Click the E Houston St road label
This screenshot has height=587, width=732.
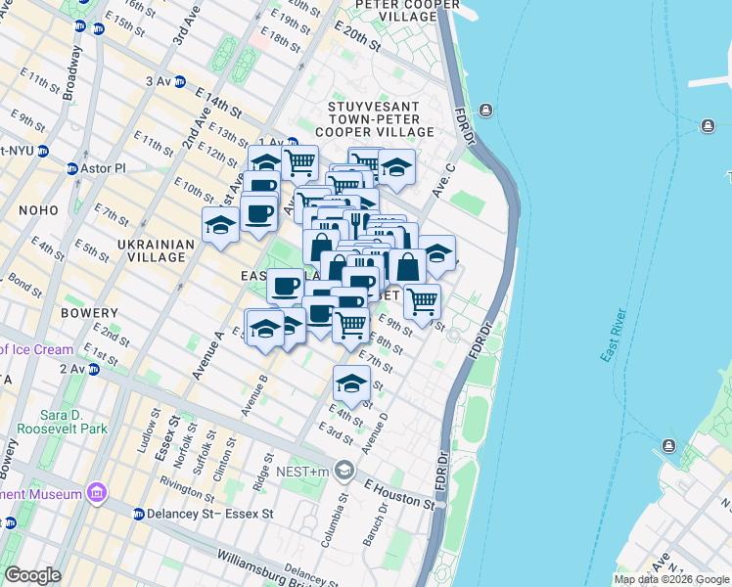[399, 493]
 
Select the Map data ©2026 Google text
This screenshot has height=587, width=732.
[671, 578]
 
